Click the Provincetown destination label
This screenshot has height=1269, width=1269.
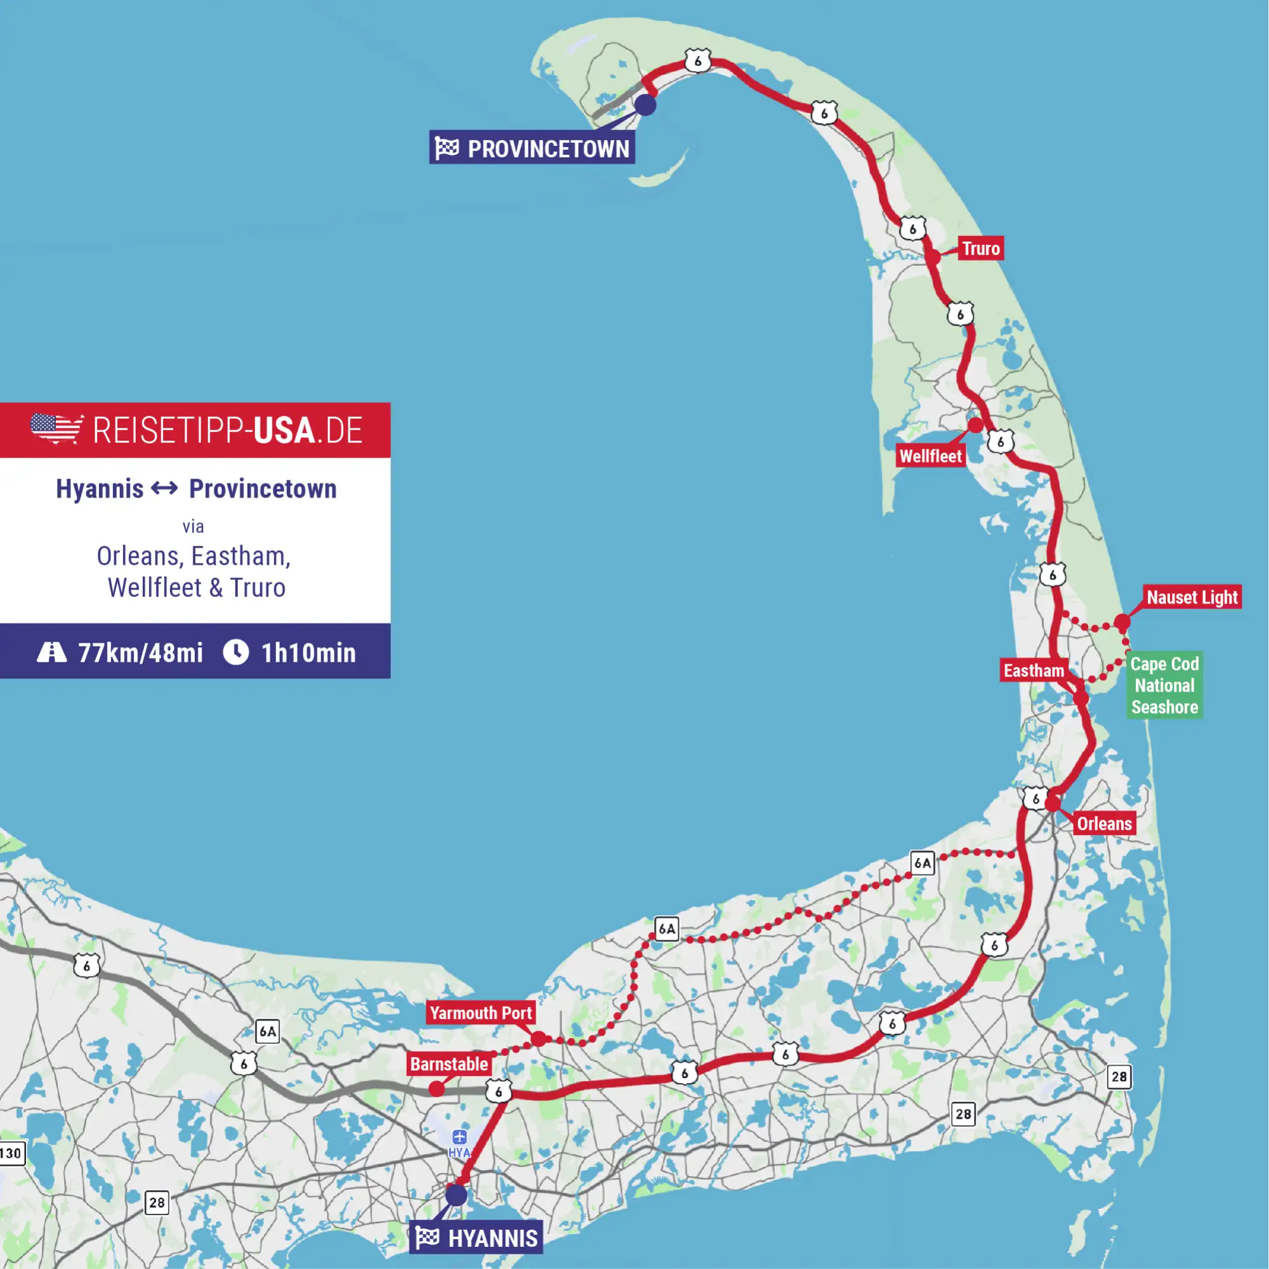tap(532, 148)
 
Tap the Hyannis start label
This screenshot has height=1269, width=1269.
tap(477, 1238)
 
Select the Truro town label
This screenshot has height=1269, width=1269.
tap(981, 248)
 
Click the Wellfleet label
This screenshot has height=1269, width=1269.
tap(930, 456)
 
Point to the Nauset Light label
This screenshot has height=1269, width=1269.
tap(1192, 597)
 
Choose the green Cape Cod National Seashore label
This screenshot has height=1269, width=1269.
tap(1164, 685)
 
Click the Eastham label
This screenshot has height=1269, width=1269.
tap(1033, 671)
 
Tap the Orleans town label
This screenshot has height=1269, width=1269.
tap(1104, 824)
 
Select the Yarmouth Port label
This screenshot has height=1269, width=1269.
tap(481, 1013)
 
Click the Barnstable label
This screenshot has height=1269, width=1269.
tap(449, 1064)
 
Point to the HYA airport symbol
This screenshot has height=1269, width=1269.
tap(460, 1137)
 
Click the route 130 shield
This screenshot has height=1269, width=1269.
tap(11, 1154)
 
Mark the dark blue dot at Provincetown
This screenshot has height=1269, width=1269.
tap(646, 105)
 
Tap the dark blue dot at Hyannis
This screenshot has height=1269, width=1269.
tap(456, 1195)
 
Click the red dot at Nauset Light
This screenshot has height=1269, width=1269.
tap(1122, 621)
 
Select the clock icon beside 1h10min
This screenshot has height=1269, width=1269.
tap(236, 652)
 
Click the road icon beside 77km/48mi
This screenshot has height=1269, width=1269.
tap(52, 652)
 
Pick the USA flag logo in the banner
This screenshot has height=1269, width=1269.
tap(56, 429)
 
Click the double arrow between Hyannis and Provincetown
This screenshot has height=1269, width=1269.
tap(164, 488)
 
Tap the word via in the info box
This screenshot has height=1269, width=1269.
tap(193, 527)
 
